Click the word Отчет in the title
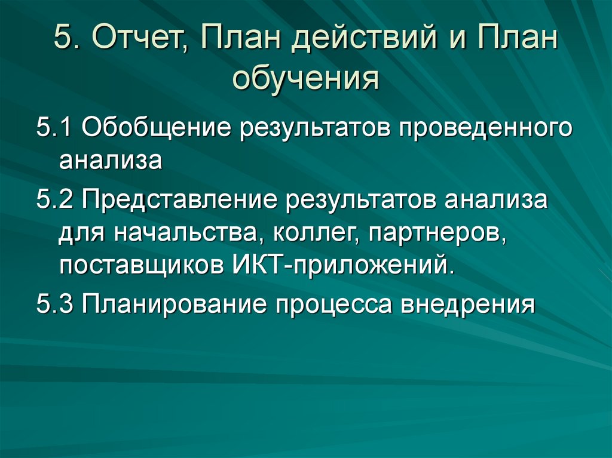tap(142, 41)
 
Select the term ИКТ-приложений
tap(339, 265)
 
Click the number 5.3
tap(55, 305)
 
